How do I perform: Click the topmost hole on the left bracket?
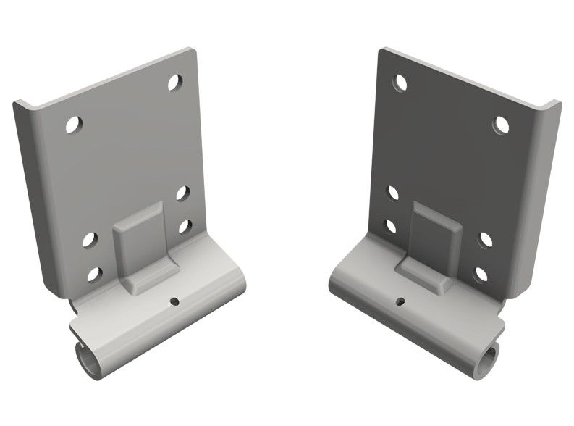[175, 83]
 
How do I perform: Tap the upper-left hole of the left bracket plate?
[73, 125]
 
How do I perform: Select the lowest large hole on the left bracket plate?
[94, 274]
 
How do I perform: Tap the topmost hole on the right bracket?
[399, 81]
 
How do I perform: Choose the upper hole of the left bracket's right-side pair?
[182, 193]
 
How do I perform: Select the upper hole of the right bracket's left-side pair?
[392, 193]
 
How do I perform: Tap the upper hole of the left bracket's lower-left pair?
[90, 239]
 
